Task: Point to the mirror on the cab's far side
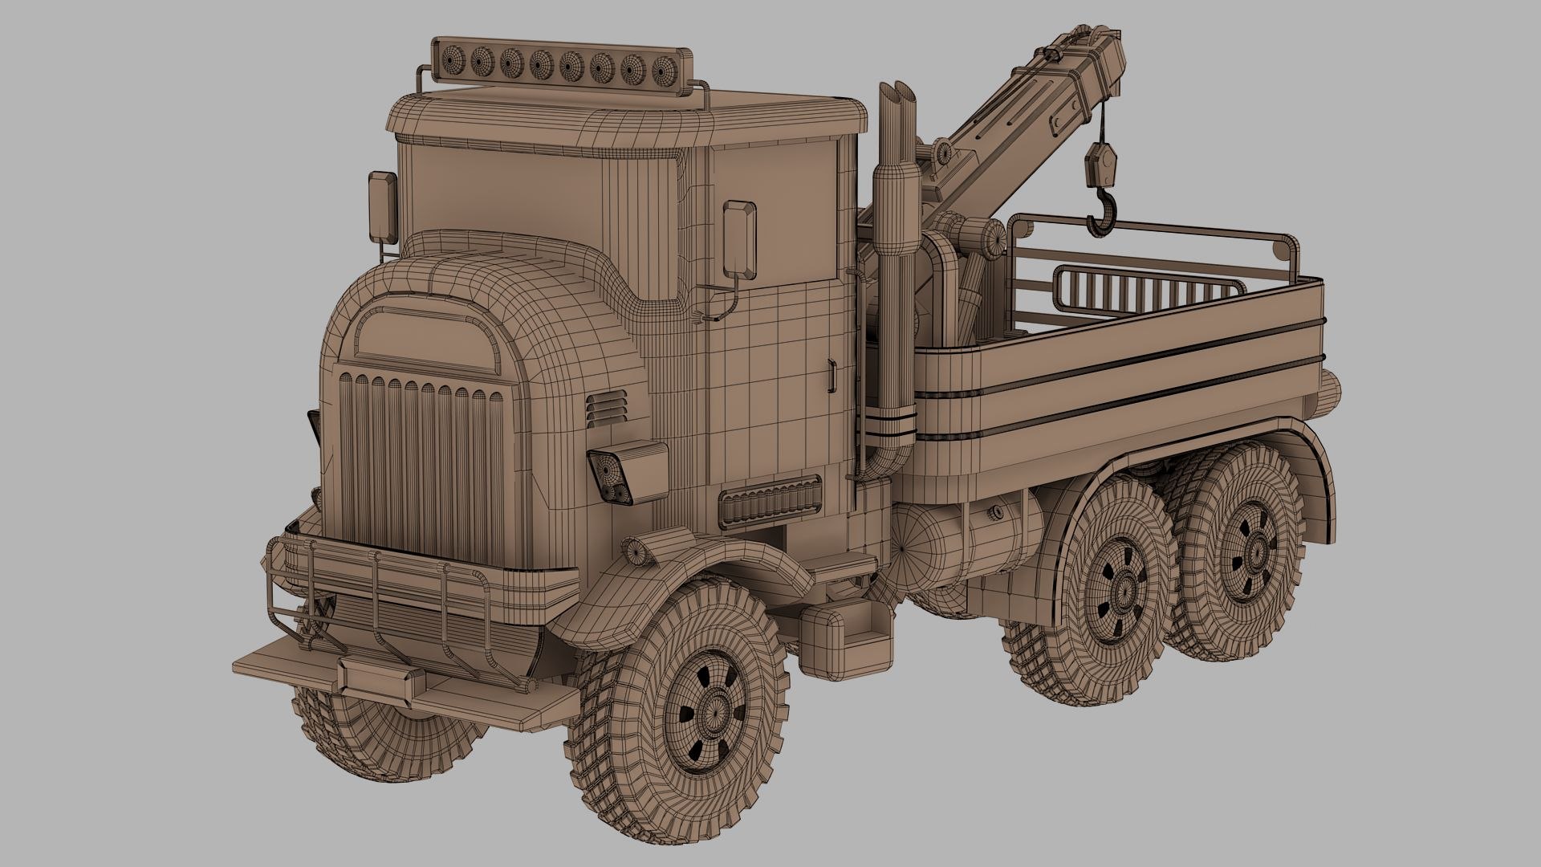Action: tap(383, 206)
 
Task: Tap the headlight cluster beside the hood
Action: tap(626, 474)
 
